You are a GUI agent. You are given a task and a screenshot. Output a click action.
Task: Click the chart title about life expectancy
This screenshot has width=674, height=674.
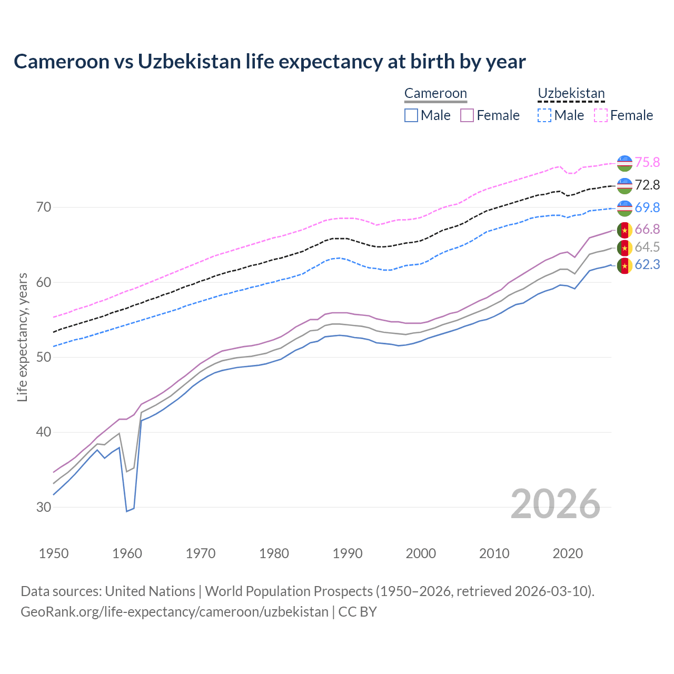pos(270,62)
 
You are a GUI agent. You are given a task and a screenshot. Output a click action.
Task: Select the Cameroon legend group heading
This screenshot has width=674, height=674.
pos(435,93)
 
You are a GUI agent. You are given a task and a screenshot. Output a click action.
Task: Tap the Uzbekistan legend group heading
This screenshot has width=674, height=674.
pos(571,93)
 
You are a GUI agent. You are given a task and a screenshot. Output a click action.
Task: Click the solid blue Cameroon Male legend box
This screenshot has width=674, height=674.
pos(411,115)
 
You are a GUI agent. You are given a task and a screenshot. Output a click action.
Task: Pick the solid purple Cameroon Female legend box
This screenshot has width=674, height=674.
pos(467,115)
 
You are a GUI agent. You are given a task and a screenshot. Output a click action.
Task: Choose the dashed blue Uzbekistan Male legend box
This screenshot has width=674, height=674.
pos(544,115)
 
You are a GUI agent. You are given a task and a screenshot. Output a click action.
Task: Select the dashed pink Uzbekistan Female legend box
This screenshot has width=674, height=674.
pos(601,115)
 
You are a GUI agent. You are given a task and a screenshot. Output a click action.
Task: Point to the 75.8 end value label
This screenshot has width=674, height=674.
pos(647,162)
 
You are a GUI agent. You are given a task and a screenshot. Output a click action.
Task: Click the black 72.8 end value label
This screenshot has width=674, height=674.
pos(647,185)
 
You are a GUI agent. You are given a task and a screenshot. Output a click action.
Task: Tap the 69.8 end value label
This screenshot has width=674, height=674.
pos(647,207)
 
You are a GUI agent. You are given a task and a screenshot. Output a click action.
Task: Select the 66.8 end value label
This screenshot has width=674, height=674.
pos(647,229)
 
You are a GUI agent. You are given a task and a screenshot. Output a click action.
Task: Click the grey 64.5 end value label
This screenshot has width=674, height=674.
pos(647,247)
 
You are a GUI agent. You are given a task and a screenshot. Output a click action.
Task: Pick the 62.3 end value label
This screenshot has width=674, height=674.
pos(647,264)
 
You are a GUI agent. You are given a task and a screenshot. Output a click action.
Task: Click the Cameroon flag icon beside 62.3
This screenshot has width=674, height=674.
pos(625,265)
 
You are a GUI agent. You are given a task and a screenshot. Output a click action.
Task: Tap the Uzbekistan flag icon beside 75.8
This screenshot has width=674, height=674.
pos(625,163)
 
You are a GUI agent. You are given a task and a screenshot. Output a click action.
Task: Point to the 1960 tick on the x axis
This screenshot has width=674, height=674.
pos(127,553)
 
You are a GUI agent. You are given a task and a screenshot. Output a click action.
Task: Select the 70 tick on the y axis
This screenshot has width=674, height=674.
pos(44,207)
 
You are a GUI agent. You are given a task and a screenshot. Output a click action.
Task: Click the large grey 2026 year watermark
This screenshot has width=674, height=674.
pos(555,504)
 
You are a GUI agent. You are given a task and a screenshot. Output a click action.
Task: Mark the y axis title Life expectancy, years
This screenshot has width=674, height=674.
pos(23,337)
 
